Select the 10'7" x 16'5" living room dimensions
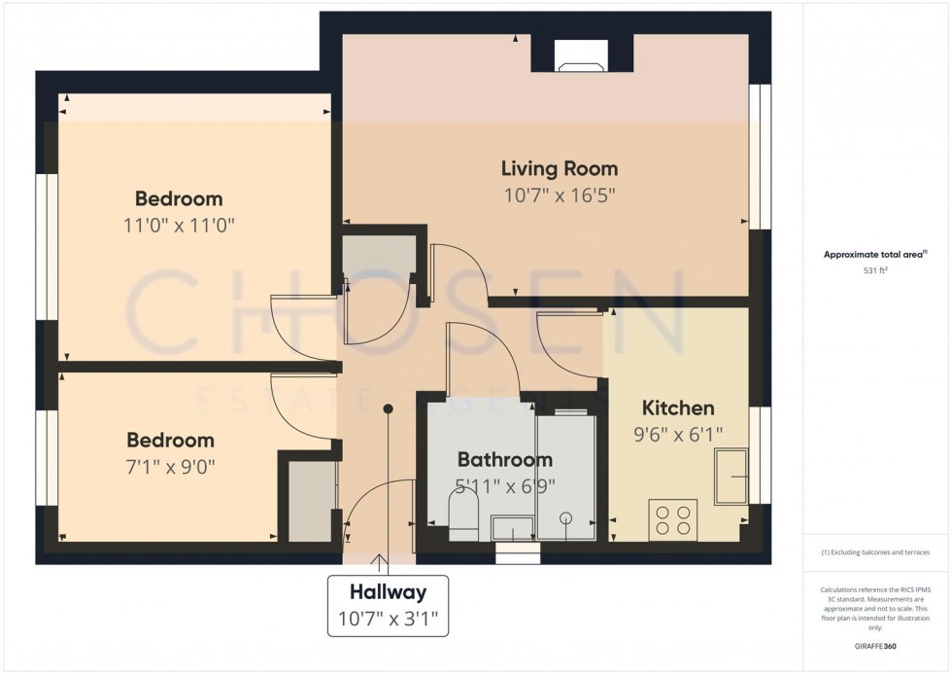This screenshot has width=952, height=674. point(559,195)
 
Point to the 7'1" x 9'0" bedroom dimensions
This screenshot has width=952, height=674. point(170,466)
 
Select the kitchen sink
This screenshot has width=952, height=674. point(731,477)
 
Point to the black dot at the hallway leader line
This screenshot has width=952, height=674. point(388,408)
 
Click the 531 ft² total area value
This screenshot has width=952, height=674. point(875,272)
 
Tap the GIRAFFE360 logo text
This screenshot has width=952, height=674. point(875,646)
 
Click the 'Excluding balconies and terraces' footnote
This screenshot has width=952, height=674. point(875,551)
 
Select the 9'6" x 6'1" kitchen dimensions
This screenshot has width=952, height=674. point(679,435)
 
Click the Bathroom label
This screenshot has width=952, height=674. point(504,459)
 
